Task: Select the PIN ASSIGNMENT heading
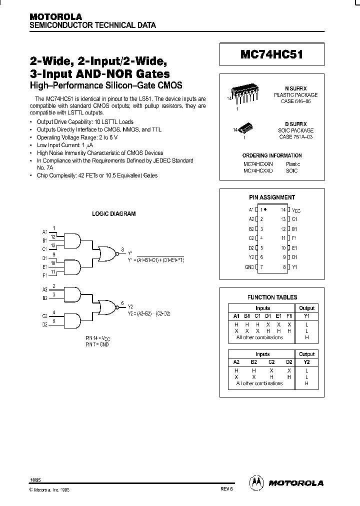click(271, 197)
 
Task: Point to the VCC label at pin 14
click(297, 210)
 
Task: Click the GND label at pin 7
click(249, 267)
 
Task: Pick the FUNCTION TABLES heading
click(272, 297)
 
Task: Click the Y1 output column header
click(306, 316)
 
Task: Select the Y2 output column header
click(306, 361)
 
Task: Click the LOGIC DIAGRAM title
click(113, 214)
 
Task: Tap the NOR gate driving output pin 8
click(106, 254)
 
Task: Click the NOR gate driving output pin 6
click(106, 306)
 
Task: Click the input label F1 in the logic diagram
click(45, 275)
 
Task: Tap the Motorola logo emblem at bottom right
click(256, 482)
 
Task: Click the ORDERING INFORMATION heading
click(272, 155)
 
